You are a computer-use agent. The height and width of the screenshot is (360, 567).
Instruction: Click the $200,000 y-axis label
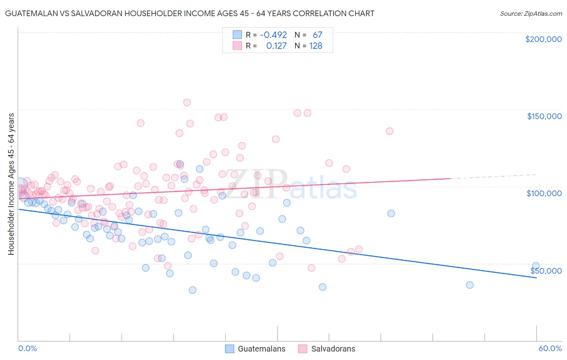coord(543,39)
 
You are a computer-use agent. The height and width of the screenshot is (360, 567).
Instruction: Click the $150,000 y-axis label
coord(544,116)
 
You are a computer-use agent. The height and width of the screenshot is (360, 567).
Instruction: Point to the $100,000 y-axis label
coord(544,193)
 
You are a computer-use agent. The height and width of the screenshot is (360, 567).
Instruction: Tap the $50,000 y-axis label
coord(546,270)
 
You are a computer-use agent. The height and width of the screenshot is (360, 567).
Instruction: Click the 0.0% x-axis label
coord(27,348)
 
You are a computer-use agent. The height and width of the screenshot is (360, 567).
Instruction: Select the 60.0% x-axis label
coord(550,348)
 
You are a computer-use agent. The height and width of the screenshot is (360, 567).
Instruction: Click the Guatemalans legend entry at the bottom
coord(255,349)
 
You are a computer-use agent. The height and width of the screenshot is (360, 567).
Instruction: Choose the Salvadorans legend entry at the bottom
coord(327,349)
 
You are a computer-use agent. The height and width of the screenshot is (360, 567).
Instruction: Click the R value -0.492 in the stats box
coord(273,35)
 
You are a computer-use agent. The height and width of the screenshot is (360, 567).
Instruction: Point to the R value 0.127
coord(276,46)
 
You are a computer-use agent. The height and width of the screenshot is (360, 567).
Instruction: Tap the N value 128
coord(316,46)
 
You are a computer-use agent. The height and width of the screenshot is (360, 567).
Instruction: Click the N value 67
coord(317,35)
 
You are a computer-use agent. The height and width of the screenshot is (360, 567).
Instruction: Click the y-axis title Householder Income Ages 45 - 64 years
coord(11,184)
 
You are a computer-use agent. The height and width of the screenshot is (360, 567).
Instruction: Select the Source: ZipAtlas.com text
coord(531,14)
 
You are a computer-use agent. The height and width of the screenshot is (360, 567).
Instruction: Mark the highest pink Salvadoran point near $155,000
coord(187,103)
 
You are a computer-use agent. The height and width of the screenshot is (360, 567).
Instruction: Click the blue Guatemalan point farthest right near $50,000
coord(536,266)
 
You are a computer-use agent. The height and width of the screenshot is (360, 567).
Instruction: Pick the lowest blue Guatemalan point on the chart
coord(192,290)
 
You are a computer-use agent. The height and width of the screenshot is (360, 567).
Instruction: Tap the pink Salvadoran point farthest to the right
coord(390,131)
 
